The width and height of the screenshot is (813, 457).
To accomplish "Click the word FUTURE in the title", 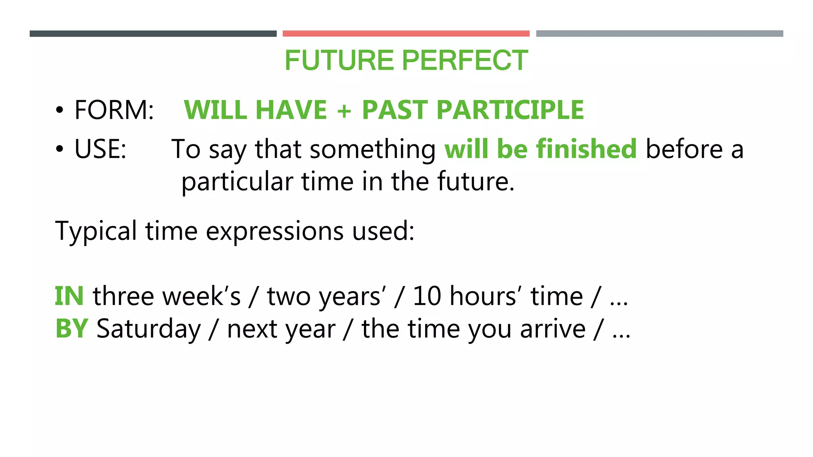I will tap(340, 61).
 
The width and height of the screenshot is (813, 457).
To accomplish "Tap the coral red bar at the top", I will tap(406, 34).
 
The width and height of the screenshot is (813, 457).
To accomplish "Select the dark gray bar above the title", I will tap(153, 34).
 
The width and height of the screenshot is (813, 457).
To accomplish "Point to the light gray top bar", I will tap(659, 34).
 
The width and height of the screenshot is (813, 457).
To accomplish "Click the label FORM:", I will tap(114, 110).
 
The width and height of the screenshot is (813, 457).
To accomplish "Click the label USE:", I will tap(100, 150).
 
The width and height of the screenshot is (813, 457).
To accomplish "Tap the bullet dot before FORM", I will tap(60, 111).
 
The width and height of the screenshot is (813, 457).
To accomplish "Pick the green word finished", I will tap(586, 149).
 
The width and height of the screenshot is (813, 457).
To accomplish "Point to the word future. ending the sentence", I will tap(476, 182).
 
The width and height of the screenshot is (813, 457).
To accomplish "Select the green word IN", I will tap(69, 296).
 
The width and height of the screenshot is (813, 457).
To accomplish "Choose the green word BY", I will tap(71, 329).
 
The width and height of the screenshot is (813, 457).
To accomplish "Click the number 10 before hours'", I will tap(427, 296).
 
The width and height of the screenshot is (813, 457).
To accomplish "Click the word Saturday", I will tap(149, 329).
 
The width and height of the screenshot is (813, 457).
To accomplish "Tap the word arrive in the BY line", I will tap(553, 329).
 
